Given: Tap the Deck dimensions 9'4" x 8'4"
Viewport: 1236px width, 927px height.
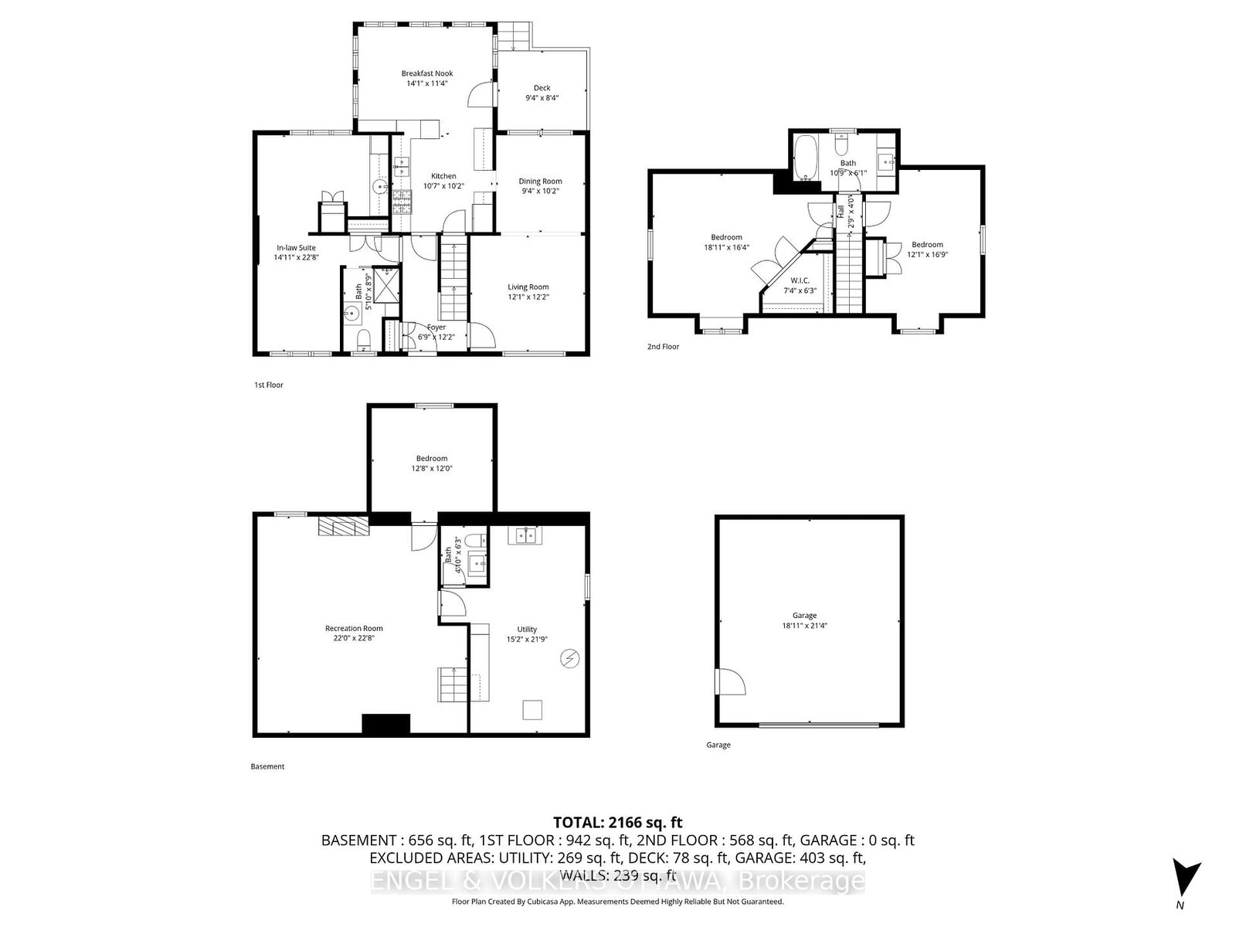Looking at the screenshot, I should click(542, 98).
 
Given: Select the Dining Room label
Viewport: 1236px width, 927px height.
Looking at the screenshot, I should click(540, 182).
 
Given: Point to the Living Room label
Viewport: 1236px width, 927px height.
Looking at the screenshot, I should click(528, 287).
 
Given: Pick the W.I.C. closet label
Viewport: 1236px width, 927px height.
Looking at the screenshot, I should click(800, 280).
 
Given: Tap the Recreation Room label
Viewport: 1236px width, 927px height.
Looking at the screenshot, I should click(354, 628).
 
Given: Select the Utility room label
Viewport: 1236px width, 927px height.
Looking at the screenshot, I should click(527, 630).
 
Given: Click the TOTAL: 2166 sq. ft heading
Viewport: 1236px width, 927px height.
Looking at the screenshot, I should click(617, 823).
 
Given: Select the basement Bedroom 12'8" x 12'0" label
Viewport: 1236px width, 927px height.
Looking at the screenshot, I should click(431, 458).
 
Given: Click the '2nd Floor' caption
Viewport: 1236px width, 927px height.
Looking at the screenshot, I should click(663, 347).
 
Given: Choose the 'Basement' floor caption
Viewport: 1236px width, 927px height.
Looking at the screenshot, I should click(267, 766).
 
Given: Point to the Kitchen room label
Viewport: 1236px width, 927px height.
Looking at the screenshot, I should click(443, 176).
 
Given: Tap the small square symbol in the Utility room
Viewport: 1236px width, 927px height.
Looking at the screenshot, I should click(532, 709).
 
